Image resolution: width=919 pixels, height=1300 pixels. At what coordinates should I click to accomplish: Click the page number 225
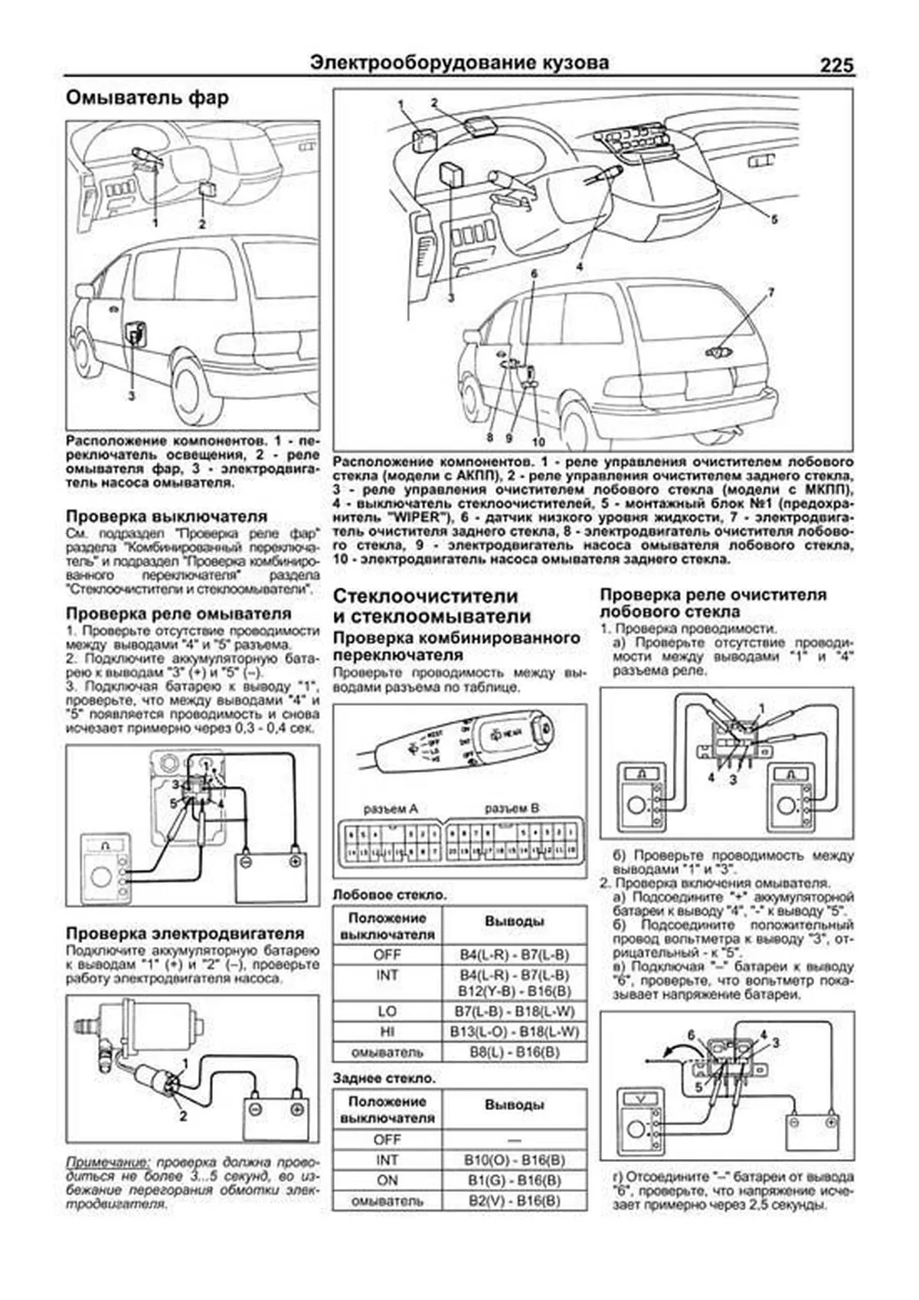coord(836,65)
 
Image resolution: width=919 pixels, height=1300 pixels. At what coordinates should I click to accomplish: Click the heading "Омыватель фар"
coord(147,99)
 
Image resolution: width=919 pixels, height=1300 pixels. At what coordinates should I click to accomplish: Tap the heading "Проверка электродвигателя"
coord(185,933)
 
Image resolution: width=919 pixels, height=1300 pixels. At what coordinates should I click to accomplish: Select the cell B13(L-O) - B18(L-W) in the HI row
coord(514,1032)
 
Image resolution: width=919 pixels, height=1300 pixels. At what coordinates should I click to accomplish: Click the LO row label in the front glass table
coord(387,1011)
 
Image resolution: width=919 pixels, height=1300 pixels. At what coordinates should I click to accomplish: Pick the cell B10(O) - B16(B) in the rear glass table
coord(514,1160)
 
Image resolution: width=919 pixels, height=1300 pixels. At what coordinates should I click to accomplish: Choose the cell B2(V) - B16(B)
coord(514,1201)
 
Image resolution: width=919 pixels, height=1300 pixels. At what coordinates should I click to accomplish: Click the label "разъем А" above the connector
coord(391,807)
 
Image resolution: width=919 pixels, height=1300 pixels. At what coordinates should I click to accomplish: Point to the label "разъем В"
coord(512,807)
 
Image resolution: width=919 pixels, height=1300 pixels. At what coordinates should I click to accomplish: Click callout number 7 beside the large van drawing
coord(771,292)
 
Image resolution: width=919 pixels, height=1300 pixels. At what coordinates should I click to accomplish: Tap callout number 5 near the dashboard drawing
coord(773,219)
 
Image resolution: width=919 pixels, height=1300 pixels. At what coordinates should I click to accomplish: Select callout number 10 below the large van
coord(538,442)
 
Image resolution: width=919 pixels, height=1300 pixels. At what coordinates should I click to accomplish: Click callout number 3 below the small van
coord(132,396)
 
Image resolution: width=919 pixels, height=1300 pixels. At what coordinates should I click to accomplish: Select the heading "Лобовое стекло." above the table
coord(390,894)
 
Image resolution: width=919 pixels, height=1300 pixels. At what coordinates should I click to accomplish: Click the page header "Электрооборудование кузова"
coord(460,63)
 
